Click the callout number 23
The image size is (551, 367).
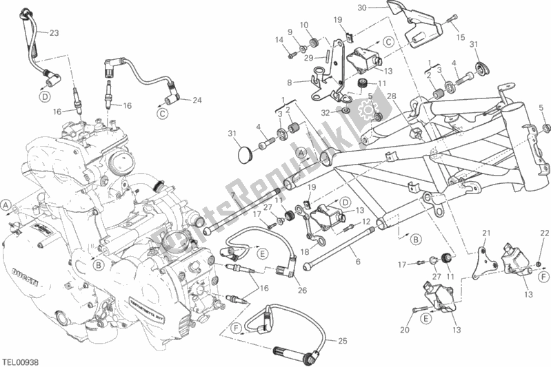[x=54, y=32]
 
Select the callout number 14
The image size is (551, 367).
[x=280, y=40]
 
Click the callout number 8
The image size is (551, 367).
[x=290, y=81]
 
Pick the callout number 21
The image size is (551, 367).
[x=485, y=232]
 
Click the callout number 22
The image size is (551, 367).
[x=544, y=233]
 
